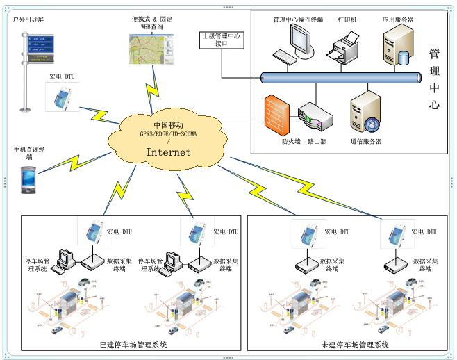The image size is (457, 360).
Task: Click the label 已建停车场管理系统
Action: (133, 345)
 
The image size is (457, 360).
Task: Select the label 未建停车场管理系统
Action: (355, 345)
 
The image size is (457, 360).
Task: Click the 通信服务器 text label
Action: (365, 141)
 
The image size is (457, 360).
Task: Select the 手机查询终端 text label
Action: (28, 153)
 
